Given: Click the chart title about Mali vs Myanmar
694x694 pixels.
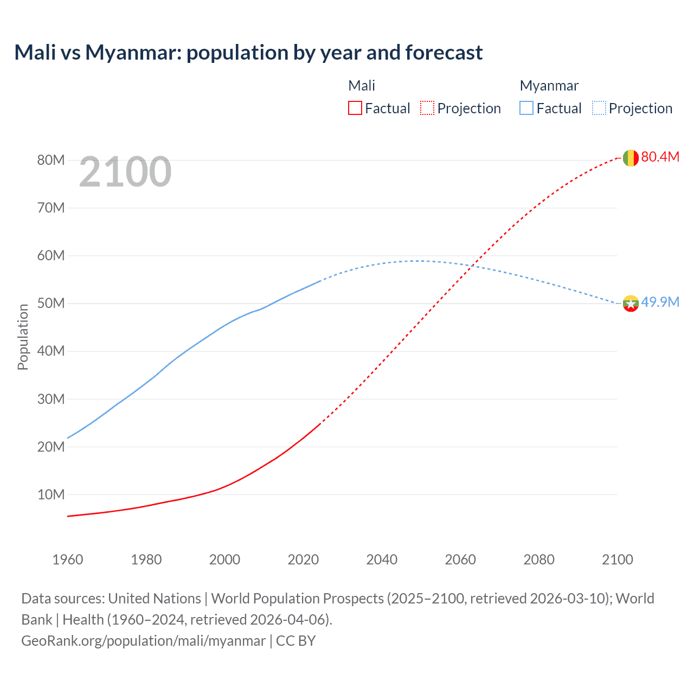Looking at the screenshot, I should point(248,53).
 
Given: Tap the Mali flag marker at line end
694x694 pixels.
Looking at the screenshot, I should point(631,158).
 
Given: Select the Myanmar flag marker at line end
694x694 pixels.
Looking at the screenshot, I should point(631,303).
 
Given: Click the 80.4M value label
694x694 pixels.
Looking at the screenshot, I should point(660,157).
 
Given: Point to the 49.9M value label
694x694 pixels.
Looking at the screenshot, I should point(660,302).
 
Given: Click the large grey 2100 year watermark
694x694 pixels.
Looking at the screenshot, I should point(125,172).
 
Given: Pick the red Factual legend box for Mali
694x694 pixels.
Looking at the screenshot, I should point(355,108).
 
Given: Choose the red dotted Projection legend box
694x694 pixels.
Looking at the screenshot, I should point(427,108).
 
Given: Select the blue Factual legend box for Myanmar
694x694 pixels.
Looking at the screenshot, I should point(526,108).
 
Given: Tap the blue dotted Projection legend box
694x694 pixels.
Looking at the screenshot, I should point(599,108).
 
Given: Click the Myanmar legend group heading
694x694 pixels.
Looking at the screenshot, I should point(549,86).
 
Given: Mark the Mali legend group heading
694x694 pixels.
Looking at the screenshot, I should point(362,86).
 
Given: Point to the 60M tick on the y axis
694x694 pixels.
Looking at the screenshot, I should point(51,255).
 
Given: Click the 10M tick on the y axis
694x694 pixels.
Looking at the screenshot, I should point(51,494).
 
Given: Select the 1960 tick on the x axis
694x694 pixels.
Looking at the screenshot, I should point(68,560).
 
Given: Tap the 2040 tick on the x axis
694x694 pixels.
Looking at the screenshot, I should point(382,560).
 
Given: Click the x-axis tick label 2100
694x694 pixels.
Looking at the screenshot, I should point(617,560).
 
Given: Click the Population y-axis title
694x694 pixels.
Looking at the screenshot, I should point(23,337).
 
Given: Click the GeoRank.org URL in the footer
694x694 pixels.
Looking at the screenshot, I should point(144,640).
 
